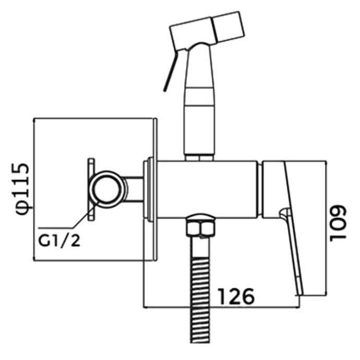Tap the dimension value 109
pyautogui.click(x=340, y=222)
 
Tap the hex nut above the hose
pyautogui.click(x=199, y=225)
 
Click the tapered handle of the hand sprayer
pyautogui.click(x=199, y=99)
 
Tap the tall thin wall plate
pyautogui.click(x=155, y=188)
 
